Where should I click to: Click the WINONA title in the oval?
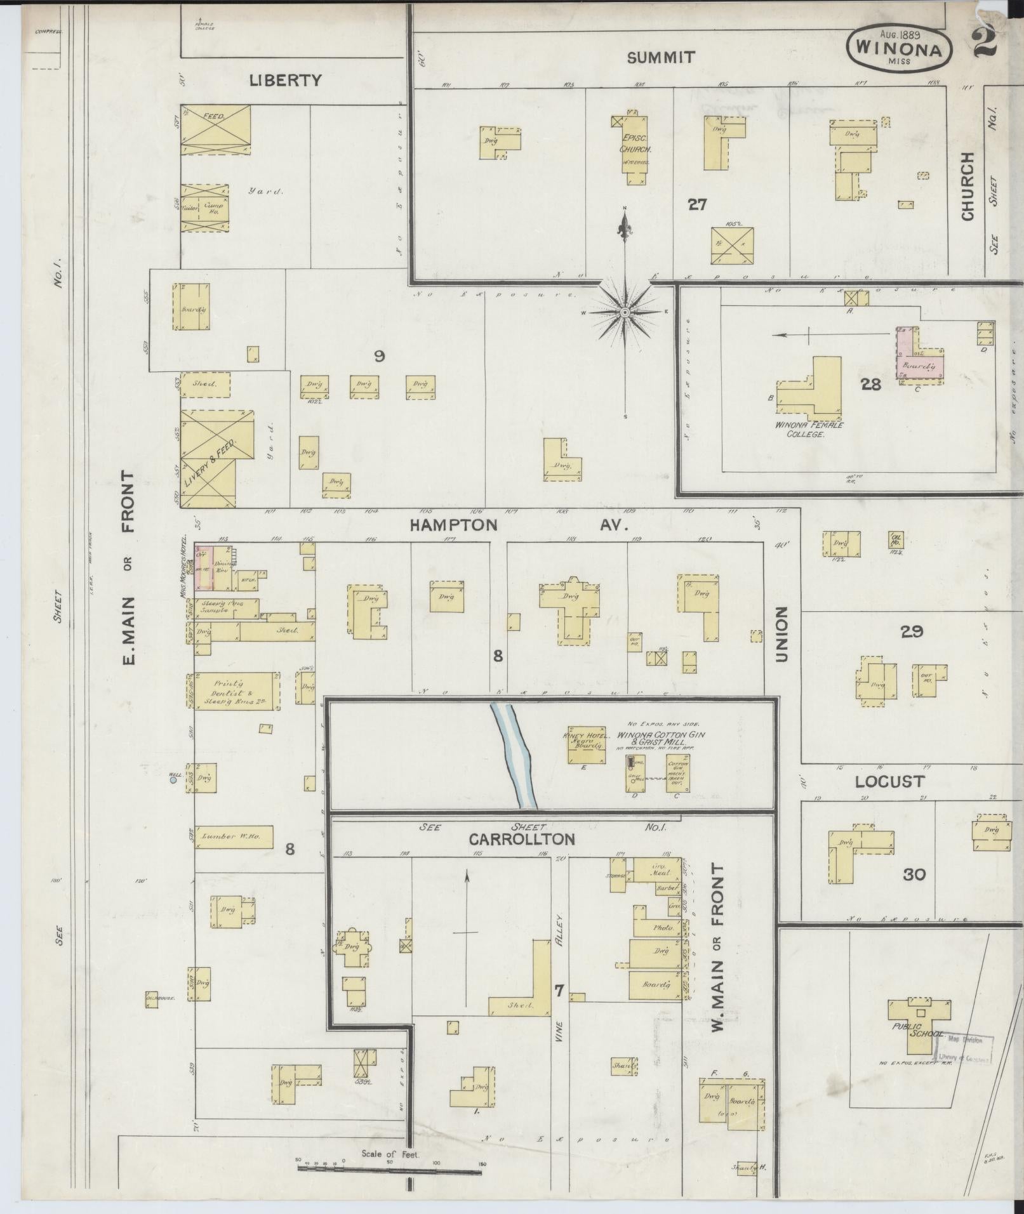click(898, 48)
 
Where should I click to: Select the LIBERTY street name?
click(285, 80)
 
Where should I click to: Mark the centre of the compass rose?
click(625, 312)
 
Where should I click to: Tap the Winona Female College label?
click(806, 430)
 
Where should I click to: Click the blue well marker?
click(173, 781)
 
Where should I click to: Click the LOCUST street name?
click(889, 781)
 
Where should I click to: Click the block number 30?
click(914, 874)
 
